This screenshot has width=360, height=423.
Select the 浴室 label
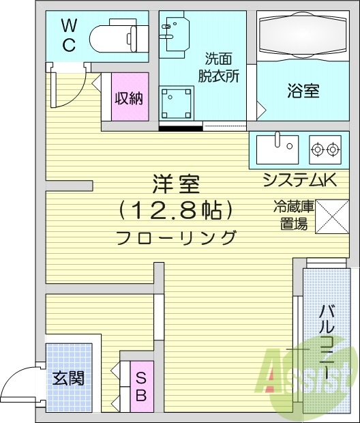(302, 91)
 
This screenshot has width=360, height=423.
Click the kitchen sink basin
(277, 146)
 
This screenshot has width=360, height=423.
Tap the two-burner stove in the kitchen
(325, 147)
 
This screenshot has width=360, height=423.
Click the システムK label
(300, 180)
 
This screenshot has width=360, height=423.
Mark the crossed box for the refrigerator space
(331, 215)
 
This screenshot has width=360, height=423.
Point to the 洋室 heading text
(176, 185)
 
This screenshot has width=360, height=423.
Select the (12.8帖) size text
(176, 211)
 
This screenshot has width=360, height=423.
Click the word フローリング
(176, 238)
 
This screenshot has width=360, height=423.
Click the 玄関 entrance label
(68, 377)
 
